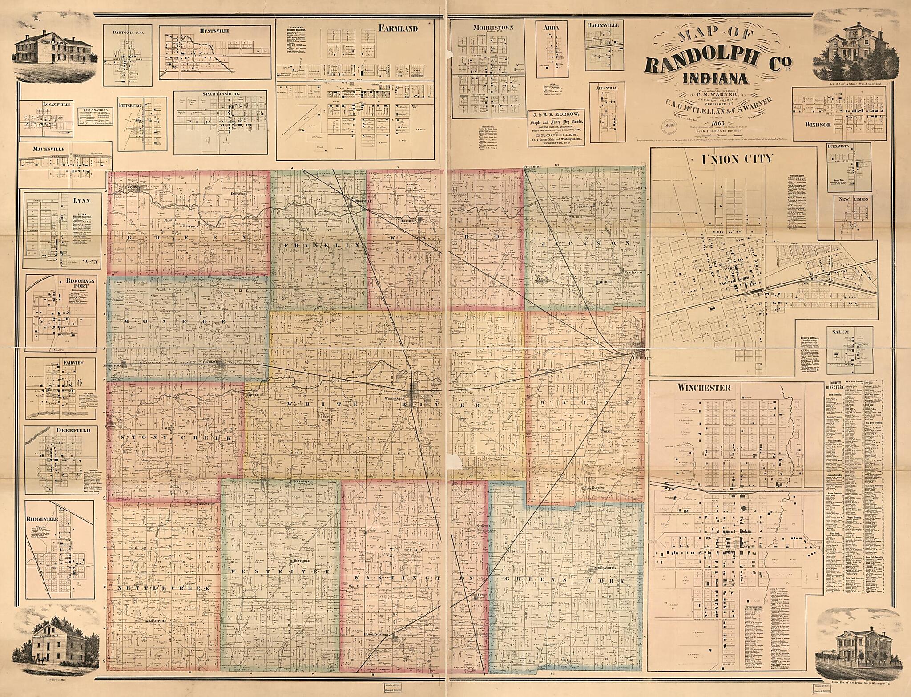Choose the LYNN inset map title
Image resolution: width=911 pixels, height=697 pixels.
(x=83, y=201)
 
